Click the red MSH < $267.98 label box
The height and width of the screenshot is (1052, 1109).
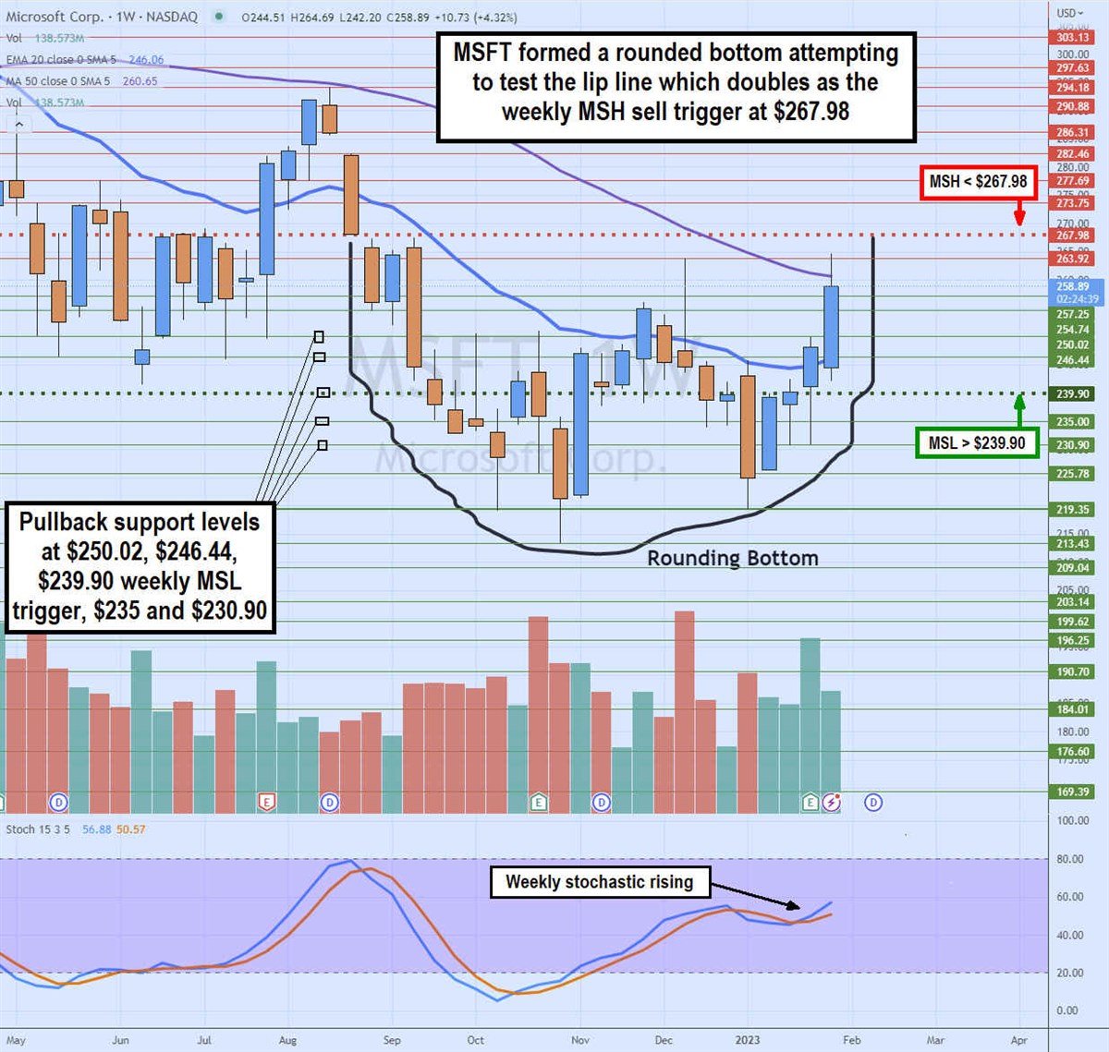click(977, 182)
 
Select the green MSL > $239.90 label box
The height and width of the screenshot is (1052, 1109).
click(976, 443)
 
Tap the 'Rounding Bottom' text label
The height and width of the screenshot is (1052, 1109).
click(732, 558)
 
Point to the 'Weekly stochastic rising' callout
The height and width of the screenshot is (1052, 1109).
click(599, 882)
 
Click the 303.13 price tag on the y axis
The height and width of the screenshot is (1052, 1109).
click(1072, 38)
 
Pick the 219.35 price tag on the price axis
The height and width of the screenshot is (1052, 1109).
click(1072, 509)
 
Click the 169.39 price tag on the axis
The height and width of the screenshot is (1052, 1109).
click(1072, 792)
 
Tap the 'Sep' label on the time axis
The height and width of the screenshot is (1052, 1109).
click(392, 1040)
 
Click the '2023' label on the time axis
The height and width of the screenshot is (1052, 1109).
click(747, 1040)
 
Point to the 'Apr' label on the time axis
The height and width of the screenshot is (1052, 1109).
click(1019, 1040)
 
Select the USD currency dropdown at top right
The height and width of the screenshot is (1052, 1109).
click(1070, 13)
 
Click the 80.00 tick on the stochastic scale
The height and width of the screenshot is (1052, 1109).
click(1070, 859)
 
